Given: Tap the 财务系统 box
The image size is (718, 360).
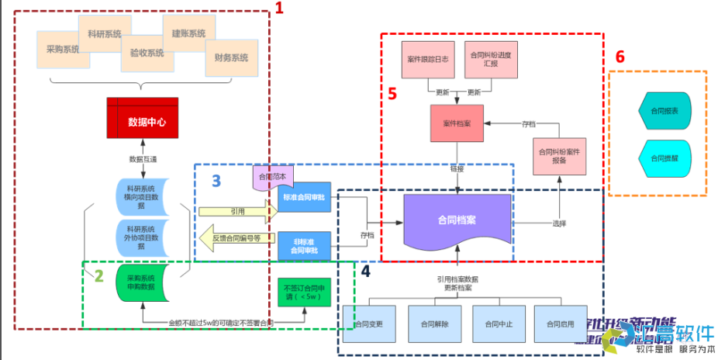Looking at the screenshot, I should [230, 57].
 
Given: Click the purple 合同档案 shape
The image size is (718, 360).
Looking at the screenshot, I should [457, 221].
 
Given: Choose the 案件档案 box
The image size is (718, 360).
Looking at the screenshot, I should [457, 123].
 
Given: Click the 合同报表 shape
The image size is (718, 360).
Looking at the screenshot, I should [664, 112].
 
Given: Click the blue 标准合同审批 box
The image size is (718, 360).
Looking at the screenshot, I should [304, 197].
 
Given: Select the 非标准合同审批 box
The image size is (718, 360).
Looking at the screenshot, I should [304, 246].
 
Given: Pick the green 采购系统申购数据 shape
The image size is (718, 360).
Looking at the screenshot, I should [141, 282].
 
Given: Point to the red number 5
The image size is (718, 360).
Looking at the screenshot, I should [392, 93].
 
